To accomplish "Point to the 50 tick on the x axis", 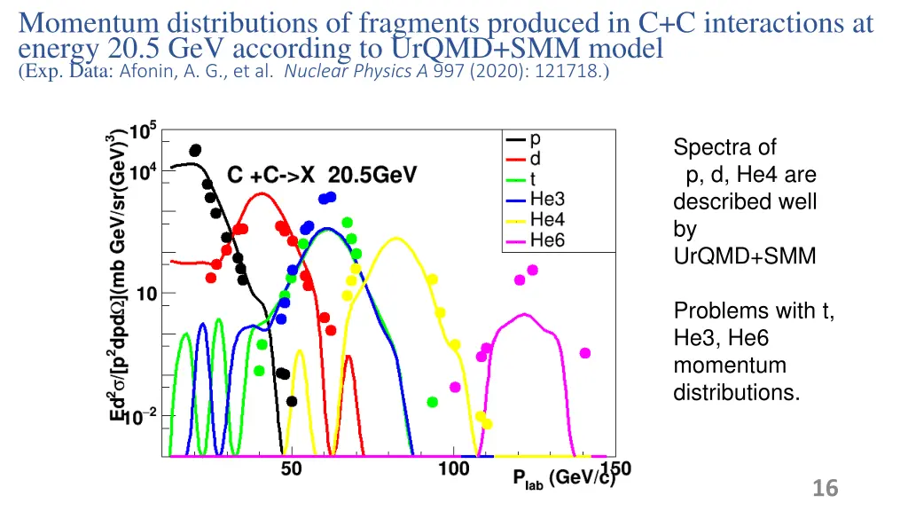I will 291,469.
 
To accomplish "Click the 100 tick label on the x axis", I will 454,469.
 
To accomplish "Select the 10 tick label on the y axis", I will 146,294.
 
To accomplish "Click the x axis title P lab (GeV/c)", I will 564,479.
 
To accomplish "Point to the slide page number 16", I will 825,488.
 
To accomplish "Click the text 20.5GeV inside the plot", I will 366,175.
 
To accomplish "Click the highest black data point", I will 195,151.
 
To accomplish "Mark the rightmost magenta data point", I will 585,352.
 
